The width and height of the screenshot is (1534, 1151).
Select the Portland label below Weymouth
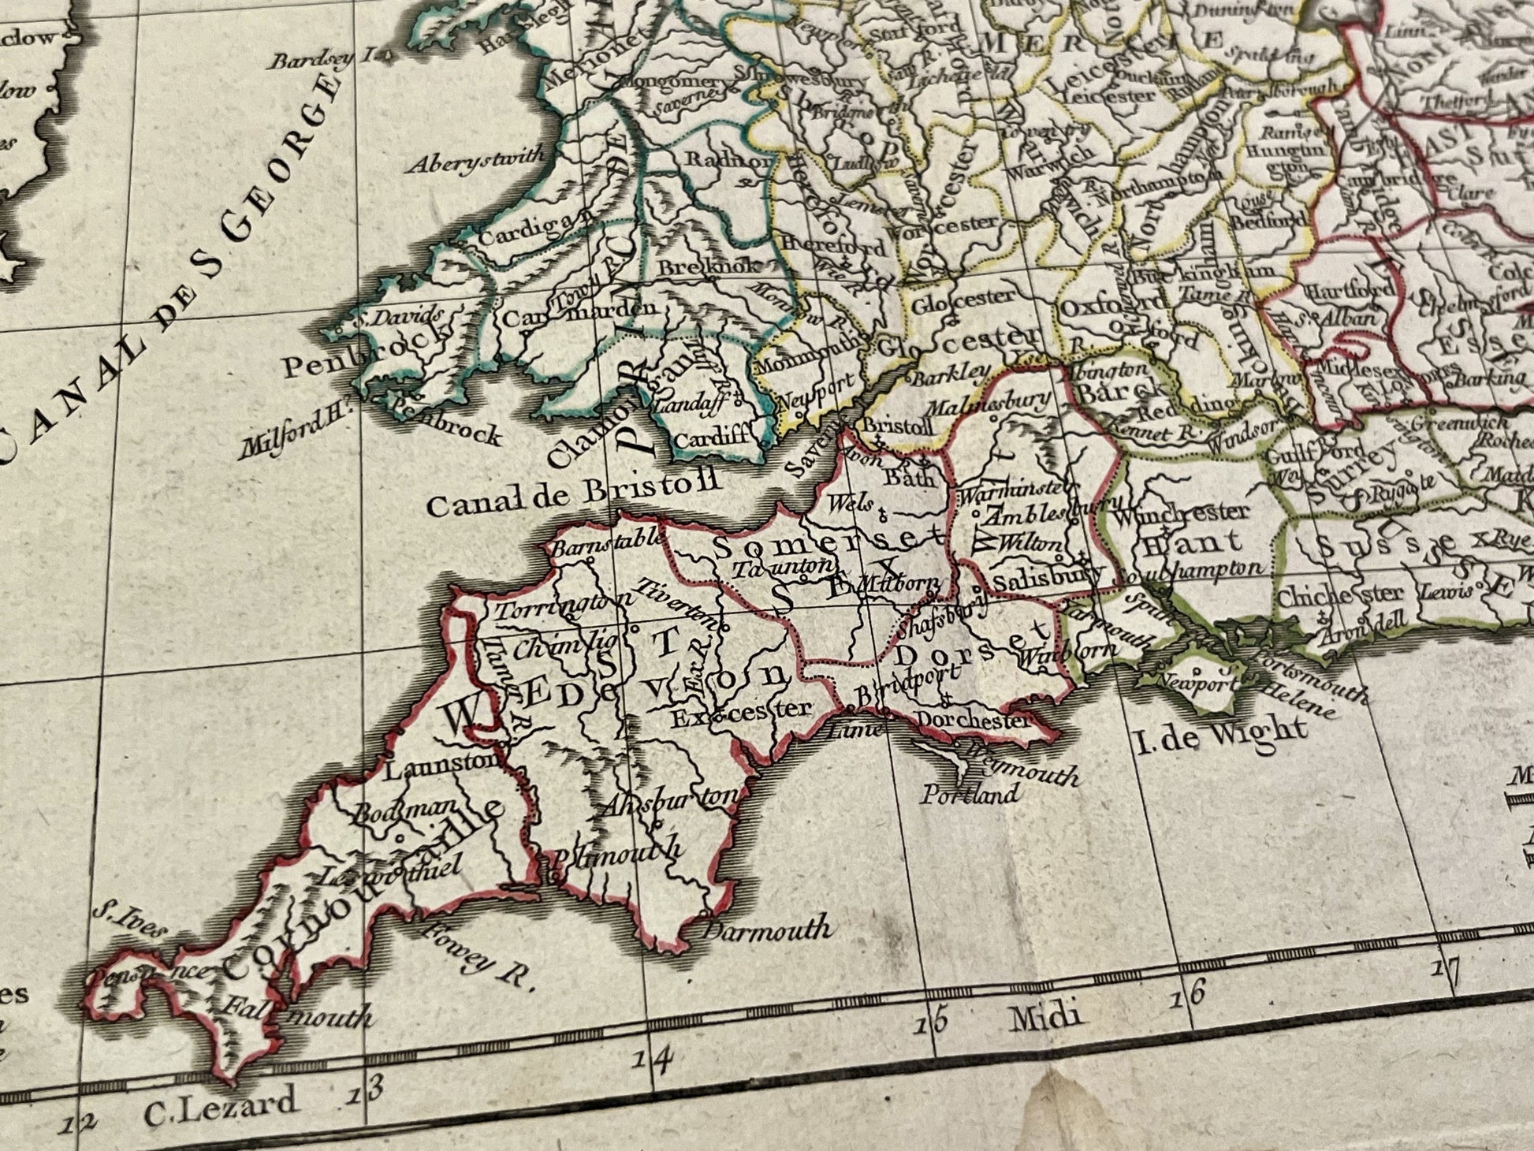pos(970,793)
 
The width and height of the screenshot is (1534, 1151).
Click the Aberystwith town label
pos(475,161)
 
